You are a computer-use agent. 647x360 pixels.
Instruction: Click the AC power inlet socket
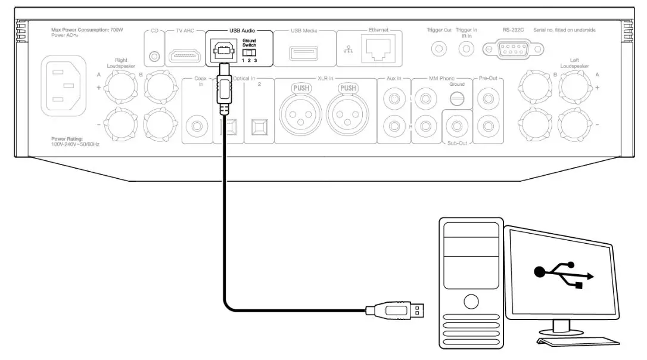click(x=63, y=85)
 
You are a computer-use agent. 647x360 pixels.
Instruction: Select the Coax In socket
click(x=196, y=126)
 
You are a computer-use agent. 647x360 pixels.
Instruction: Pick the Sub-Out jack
click(x=458, y=126)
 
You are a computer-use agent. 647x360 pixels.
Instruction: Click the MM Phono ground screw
click(x=457, y=100)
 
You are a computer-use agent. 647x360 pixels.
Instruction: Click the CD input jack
click(x=155, y=57)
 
